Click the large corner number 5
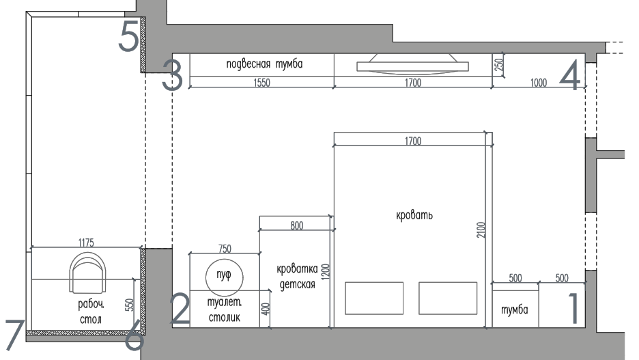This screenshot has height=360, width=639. pyautogui.click(x=129, y=35)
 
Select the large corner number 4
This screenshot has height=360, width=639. pyautogui.click(x=570, y=75)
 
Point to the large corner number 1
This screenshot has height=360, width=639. pyautogui.click(x=573, y=308)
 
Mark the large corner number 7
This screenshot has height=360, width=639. pyautogui.click(x=15, y=334)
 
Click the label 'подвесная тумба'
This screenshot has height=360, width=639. pyautogui.click(x=264, y=64)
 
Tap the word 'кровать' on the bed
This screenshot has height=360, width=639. pyautogui.click(x=414, y=215)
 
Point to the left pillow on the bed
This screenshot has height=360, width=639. pyautogui.click(x=374, y=298)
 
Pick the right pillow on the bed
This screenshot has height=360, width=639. pyautogui.click(x=448, y=298)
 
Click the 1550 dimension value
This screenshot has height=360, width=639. pyautogui.click(x=261, y=83)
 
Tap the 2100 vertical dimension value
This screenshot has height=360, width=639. pyautogui.click(x=481, y=230)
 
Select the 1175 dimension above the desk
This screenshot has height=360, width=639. pyautogui.click(x=86, y=243)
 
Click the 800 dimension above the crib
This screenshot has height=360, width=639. pyautogui.click(x=297, y=226)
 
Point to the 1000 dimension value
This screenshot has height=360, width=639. pyautogui.click(x=539, y=83)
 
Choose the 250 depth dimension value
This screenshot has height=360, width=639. pyautogui.click(x=499, y=64)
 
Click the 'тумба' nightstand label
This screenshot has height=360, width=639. pyautogui.click(x=514, y=310)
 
